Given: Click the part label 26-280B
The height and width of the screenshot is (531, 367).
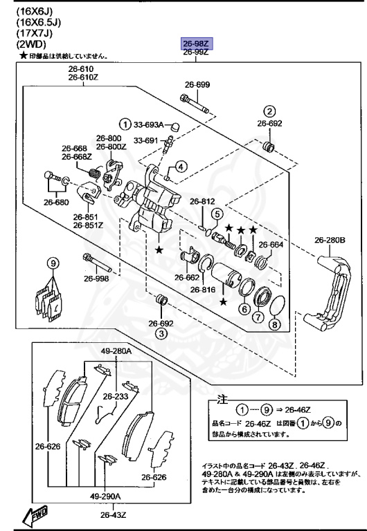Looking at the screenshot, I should (329, 241).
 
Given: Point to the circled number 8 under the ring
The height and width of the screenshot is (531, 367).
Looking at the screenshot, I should (275, 325).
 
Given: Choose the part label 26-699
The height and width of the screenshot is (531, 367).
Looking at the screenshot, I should (197, 85).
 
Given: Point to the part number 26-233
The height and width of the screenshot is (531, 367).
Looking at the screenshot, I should (116, 397).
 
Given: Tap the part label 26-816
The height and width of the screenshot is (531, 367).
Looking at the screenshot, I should (203, 290).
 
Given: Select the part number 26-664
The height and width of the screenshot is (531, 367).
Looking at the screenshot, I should (271, 244).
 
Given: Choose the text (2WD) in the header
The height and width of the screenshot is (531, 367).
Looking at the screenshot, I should (23, 44).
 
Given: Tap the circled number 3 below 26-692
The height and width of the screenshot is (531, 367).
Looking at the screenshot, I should (161, 334).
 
